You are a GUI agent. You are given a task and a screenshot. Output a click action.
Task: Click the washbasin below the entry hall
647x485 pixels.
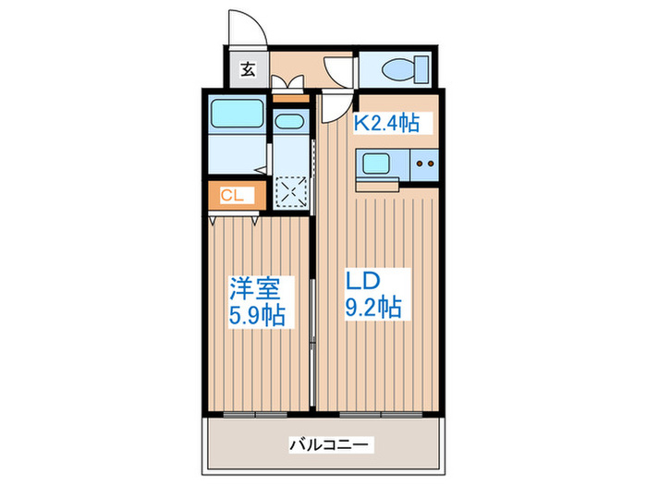[x=290, y=123]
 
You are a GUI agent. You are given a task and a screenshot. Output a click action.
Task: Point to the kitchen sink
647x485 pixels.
[x=377, y=164]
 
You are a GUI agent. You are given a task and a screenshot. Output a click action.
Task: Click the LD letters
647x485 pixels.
[x=364, y=279]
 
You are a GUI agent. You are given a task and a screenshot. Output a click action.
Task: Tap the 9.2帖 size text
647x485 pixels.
[x=373, y=307]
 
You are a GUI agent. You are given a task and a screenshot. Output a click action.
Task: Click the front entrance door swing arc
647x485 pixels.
[x=248, y=26]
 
